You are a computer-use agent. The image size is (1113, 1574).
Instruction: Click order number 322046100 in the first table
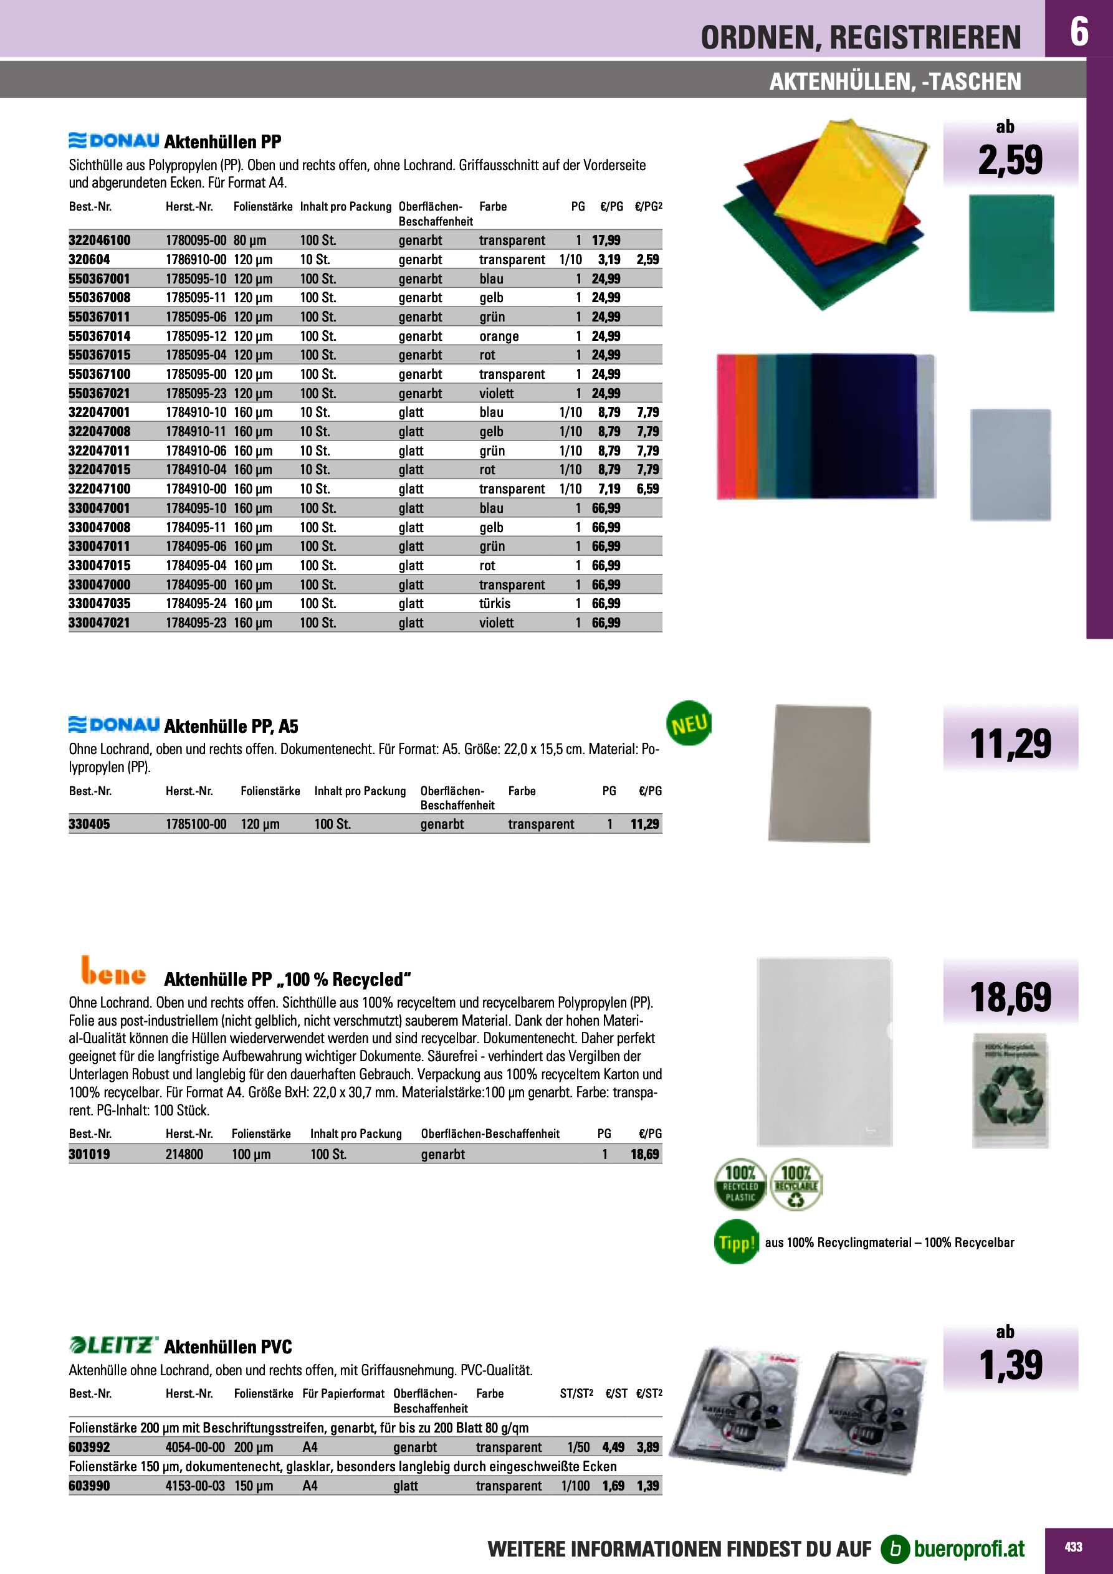click(100, 240)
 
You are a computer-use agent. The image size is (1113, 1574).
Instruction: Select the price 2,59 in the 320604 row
click(647, 259)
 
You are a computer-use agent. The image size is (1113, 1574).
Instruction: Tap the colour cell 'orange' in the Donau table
click(499, 336)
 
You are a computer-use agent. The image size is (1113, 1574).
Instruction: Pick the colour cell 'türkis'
click(494, 603)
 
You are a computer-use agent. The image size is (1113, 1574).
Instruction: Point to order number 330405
click(89, 824)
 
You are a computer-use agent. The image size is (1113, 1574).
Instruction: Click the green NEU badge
click(689, 723)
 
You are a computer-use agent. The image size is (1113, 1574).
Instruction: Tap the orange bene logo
click(113, 971)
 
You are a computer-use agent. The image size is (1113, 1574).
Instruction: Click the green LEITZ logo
click(113, 1345)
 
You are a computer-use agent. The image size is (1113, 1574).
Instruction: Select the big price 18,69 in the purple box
click(1010, 997)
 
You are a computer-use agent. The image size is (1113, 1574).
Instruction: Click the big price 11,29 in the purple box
click(1010, 744)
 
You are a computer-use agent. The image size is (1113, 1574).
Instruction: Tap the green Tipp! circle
click(736, 1243)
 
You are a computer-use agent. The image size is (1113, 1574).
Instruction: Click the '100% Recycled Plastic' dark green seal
click(740, 1185)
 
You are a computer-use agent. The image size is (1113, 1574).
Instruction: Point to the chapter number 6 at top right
click(1079, 32)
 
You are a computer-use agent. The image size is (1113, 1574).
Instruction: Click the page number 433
click(1073, 1547)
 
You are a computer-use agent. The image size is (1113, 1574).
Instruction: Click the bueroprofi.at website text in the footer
click(969, 1548)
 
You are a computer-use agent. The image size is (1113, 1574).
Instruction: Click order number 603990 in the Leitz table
click(89, 1486)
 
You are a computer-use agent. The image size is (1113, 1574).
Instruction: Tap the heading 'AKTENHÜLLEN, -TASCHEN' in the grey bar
click(895, 82)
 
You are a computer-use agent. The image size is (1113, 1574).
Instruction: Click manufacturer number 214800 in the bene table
click(184, 1154)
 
